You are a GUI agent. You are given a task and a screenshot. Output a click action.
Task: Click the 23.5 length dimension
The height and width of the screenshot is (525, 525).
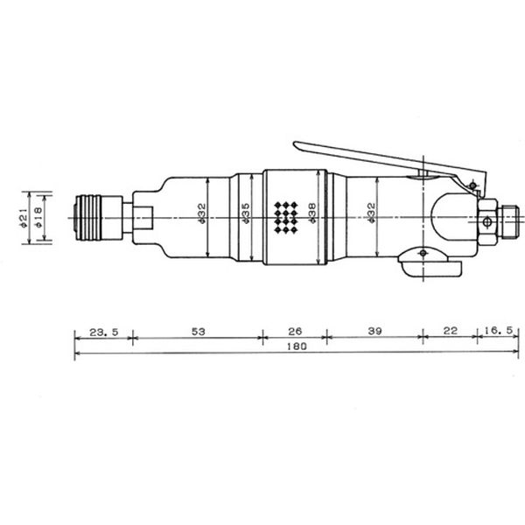pyautogui.click(x=104, y=332)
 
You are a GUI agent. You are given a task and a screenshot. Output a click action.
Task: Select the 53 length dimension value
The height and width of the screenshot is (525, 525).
pyautogui.click(x=198, y=332)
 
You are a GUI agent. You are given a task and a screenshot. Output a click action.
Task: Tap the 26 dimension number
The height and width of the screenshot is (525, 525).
pyautogui.click(x=295, y=331)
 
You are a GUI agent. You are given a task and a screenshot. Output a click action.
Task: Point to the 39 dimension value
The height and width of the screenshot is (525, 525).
pyautogui.click(x=374, y=331)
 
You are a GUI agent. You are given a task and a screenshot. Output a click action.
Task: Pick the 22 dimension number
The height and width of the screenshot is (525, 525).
pyautogui.click(x=450, y=331)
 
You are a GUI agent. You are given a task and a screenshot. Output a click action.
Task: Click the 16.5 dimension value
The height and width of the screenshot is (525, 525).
pyautogui.click(x=498, y=331)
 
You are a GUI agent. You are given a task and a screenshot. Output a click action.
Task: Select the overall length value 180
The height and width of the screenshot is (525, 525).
pyautogui.click(x=297, y=346)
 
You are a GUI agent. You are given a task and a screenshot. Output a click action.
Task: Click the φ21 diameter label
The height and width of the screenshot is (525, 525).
pyautogui.click(x=23, y=218)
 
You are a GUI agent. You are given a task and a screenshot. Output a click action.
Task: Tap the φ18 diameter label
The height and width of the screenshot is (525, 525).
pyautogui.click(x=38, y=218)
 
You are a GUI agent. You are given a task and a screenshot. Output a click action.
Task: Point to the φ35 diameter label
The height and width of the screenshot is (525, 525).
pyautogui.click(x=245, y=213)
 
